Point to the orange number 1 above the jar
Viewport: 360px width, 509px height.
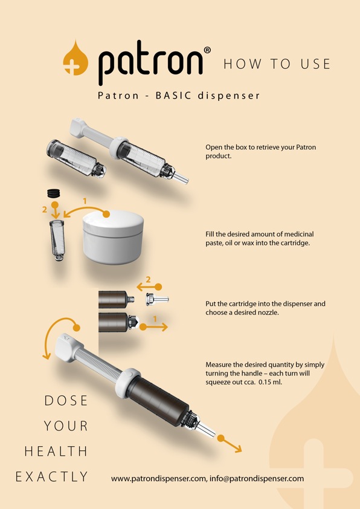(x=85, y=200)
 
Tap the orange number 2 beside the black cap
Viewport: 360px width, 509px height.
(x=43, y=209)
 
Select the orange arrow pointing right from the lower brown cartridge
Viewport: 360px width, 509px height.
(x=155, y=326)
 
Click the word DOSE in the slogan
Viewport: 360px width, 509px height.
(x=66, y=401)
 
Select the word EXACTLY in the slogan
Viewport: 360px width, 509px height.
(x=52, y=477)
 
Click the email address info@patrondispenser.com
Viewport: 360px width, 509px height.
(x=256, y=478)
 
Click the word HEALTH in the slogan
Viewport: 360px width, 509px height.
(x=56, y=452)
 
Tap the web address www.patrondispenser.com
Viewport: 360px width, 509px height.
(x=158, y=478)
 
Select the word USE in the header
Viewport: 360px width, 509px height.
(x=314, y=64)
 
